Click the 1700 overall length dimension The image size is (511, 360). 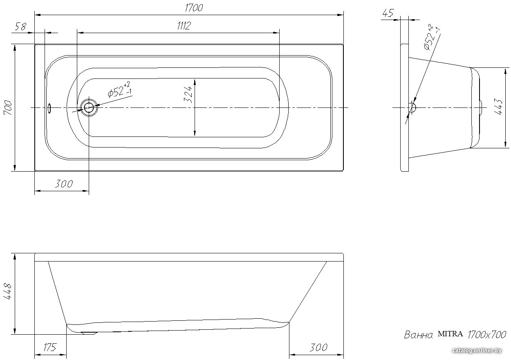[x=194, y=8]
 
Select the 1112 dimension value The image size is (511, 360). [x=184, y=26]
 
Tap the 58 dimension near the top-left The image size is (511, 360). [x=21, y=27]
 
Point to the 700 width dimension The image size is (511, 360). [x=8, y=108]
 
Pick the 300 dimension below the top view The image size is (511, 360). [x=64, y=184]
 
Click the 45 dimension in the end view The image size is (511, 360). [x=388, y=13]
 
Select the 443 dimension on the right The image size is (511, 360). [x=498, y=107]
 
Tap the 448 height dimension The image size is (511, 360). [x=7, y=291]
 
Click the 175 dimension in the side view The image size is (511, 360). [x=50, y=347]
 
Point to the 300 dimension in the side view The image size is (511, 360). [x=319, y=347]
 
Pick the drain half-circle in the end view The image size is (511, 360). [x=413, y=107]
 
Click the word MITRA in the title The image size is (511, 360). [x=450, y=334]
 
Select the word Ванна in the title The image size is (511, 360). [x=418, y=335]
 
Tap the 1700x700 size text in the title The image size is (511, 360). [x=487, y=335]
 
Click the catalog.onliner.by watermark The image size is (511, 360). [x=477, y=351]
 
